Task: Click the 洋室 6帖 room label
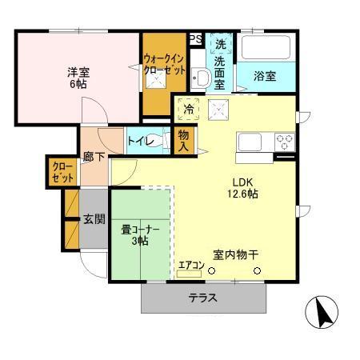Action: coord(78,78)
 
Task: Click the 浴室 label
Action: coord(266,77)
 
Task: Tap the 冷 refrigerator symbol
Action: coord(189,109)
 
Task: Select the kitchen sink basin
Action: coord(250,142)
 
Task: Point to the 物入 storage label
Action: coord(184,141)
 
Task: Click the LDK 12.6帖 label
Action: coord(244,187)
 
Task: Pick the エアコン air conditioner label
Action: coord(191,264)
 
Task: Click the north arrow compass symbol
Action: coord(323,312)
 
